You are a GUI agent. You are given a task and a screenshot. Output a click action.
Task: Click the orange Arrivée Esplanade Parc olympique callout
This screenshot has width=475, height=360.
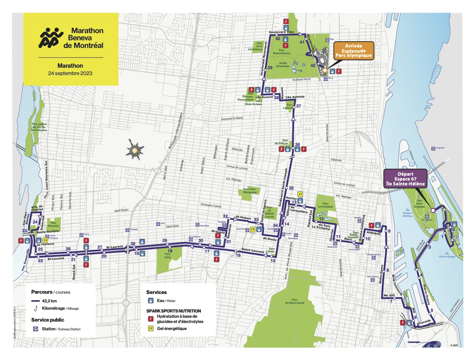click(x=353, y=51)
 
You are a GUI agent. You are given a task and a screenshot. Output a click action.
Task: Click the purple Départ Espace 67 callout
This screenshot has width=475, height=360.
click(x=405, y=179)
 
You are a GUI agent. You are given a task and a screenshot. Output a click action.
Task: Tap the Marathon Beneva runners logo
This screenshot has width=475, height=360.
click(x=51, y=38)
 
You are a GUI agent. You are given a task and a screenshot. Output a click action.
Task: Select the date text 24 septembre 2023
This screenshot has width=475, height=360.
click(x=70, y=73)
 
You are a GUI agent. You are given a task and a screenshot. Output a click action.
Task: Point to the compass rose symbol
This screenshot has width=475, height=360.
click(x=135, y=150)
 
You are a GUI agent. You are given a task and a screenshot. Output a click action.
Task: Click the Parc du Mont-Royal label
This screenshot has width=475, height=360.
click(x=294, y=301)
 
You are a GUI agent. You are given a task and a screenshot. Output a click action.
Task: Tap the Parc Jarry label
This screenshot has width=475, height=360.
click(x=168, y=256)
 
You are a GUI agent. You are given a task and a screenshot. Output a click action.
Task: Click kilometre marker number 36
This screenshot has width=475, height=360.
click(x=297, y=144)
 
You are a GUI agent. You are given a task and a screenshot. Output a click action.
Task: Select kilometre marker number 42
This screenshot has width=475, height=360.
click(x=313, y=65)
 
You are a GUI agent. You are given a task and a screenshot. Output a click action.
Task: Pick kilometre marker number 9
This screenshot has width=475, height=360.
click(x=389, y=231)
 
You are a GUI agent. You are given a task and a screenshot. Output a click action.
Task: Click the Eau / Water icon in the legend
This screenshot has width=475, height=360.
click(x=151, y=301)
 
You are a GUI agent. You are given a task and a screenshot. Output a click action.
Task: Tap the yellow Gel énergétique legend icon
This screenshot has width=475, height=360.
click(x=151, y=329)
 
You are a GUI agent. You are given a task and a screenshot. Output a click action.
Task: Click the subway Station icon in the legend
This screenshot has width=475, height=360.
click(x=35, y=329)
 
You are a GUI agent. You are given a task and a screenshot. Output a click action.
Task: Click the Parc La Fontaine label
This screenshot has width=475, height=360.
click(x=325, y=205)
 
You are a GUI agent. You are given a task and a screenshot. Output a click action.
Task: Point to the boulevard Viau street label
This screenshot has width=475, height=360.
click(x=281, y=32)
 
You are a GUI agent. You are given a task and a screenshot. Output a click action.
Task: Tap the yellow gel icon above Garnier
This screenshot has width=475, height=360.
click(x=300, y=194)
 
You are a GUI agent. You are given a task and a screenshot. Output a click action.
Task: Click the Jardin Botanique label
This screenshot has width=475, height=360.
click(x=283, y=65)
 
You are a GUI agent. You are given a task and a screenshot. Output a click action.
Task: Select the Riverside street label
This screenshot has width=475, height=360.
click(x=424, y=322)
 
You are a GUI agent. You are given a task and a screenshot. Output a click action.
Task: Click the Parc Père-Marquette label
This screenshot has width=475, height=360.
click(x=250, y=191)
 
